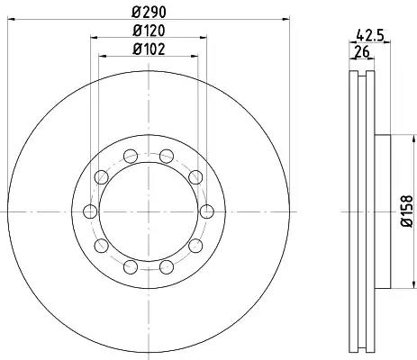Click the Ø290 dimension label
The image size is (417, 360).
(149, 12)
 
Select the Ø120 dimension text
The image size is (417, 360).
(149, 31)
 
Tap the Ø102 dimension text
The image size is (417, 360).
(149, 49)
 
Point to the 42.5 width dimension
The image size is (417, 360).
(370, 36)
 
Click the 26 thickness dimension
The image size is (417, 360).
(362, 52)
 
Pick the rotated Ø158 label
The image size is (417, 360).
(407, 211)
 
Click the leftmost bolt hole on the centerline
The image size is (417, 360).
(90, 211)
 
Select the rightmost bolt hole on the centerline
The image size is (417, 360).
(207, 211)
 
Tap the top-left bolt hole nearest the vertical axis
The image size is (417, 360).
(131, 157)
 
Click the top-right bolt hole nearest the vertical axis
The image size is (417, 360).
(167, 157)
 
